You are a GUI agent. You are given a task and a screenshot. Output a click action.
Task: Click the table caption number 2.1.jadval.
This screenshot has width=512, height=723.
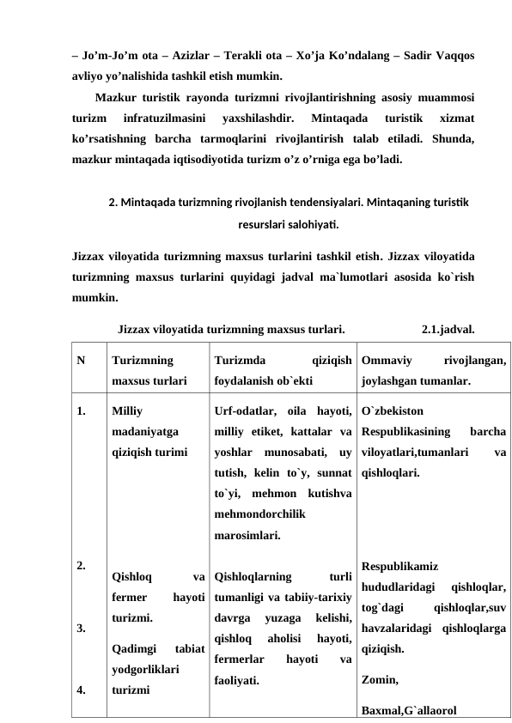[x=449, y=327]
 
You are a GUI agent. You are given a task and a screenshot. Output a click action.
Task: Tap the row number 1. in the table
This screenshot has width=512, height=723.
[x=81, y=410]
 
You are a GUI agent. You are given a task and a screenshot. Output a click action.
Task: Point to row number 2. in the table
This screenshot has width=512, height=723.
[x=81, y=566]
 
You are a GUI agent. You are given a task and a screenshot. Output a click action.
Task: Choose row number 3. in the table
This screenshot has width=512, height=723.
[x=81, y=628]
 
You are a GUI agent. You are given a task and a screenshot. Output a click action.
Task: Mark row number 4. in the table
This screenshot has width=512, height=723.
[x=81, y=689]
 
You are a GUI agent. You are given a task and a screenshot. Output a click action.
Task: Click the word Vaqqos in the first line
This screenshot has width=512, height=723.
[x=452, y=54]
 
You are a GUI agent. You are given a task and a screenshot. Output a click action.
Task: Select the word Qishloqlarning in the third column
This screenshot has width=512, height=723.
[x=253, y=577]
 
